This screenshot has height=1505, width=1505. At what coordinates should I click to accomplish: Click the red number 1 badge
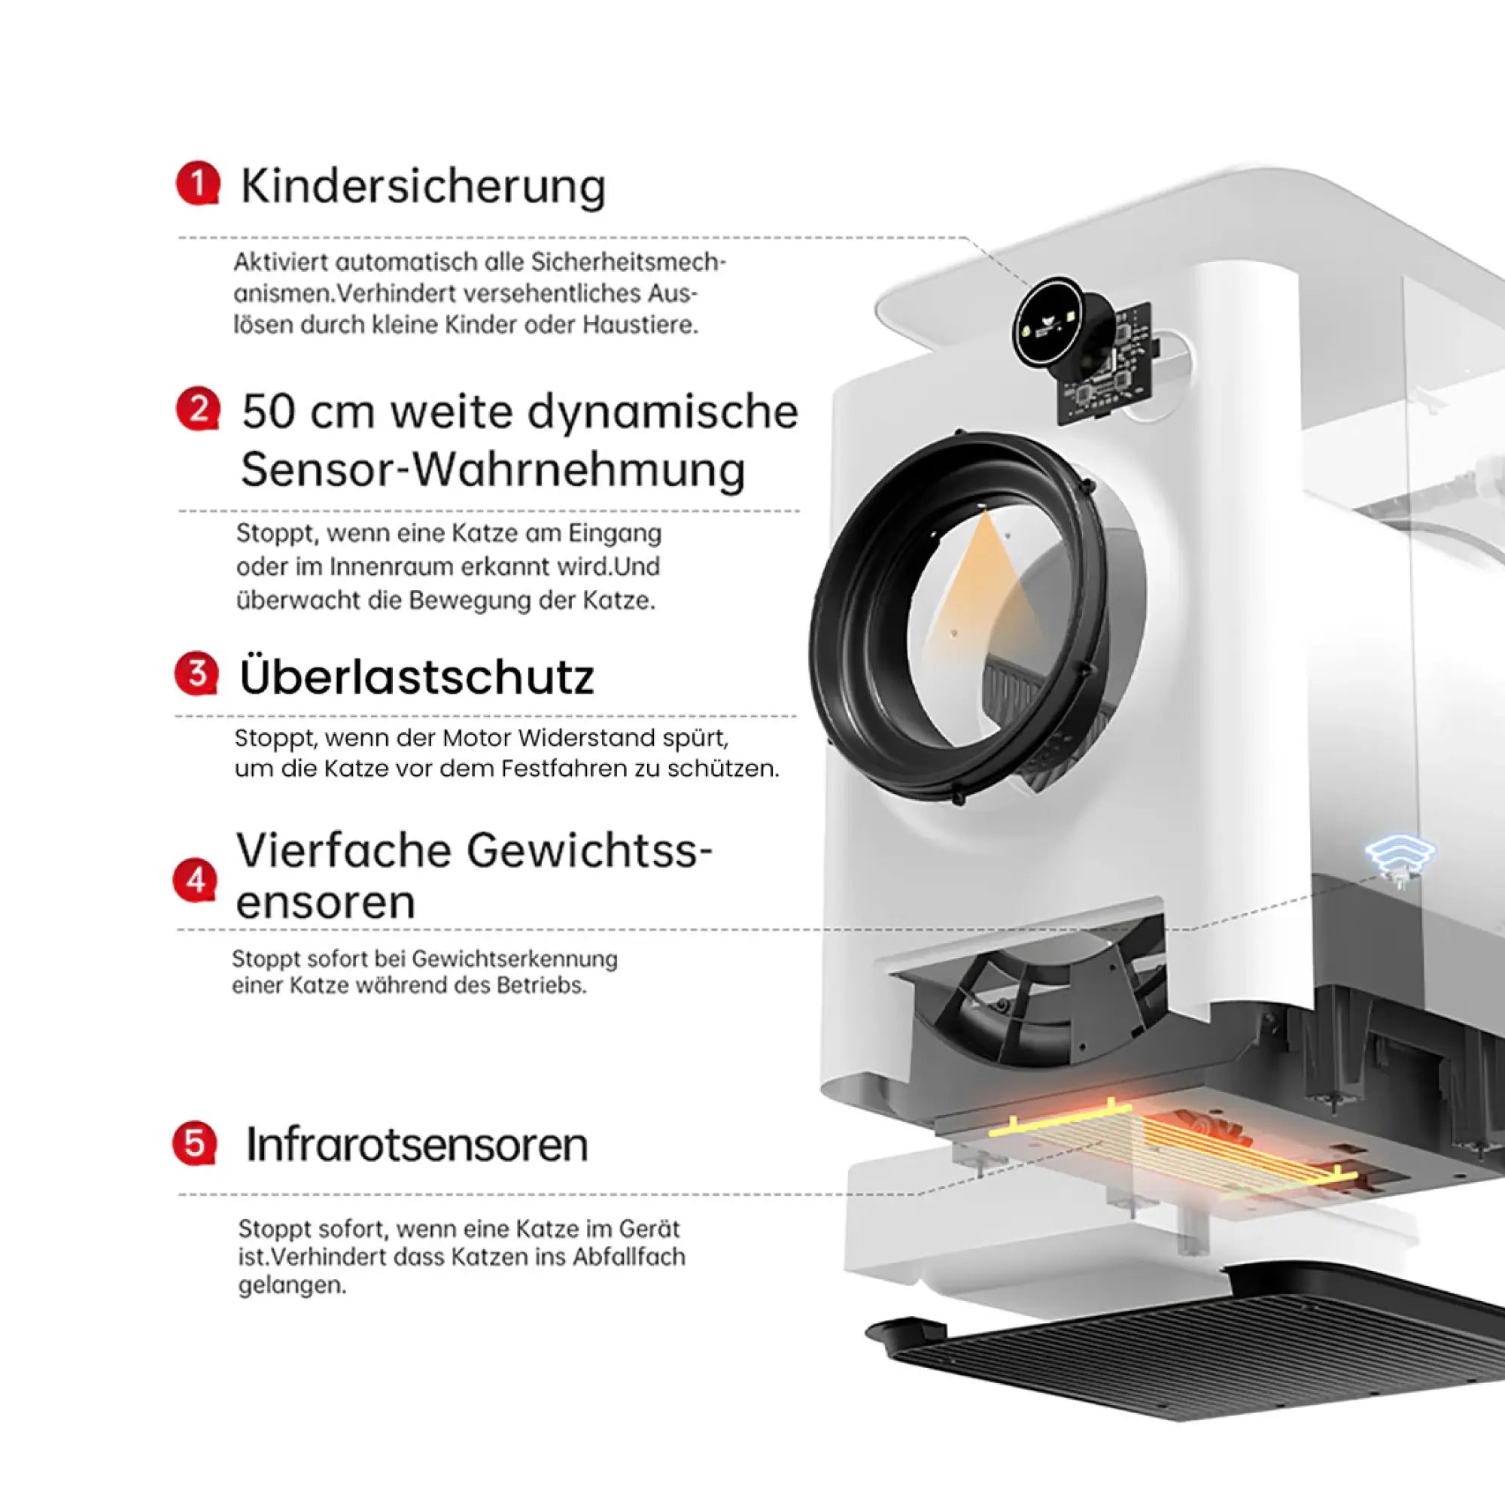[x=198, y=184]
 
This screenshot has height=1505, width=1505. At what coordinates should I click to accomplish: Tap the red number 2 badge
[x=198, y=409]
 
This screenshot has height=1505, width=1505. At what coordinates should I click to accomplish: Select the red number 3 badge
[x=196, y=673]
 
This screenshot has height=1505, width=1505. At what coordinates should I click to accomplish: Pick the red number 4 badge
[x=195, y=880]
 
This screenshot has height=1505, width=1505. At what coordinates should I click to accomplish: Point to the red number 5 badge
[x=194, y=1144]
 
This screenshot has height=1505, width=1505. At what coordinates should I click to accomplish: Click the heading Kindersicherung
[x=423, y=187]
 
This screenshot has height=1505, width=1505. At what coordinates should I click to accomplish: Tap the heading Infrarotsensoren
[x=417, y=1145]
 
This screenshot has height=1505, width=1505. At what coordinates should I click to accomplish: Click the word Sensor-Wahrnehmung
[x=493, y=470]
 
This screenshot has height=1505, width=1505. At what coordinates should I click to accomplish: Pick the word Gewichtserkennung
[x=514, y=959]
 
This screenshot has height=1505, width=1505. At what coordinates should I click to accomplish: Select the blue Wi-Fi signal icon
[x=1400, y=854]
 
